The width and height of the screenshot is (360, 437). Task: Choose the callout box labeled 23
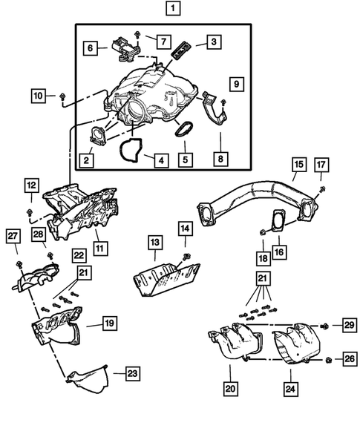click(x=131, y=372)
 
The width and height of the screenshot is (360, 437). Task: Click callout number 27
click(x=13, y=237)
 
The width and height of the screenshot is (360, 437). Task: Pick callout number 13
click(x=154, y=243)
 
